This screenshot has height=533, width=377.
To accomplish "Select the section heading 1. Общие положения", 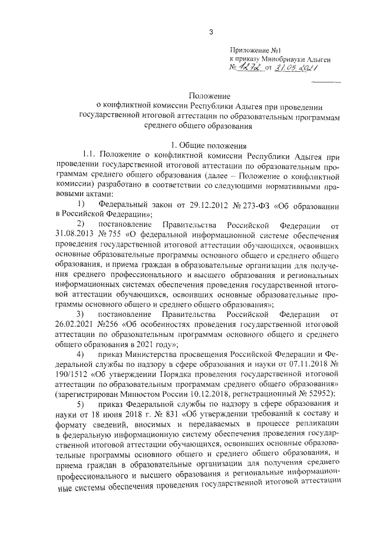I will pos(210,145).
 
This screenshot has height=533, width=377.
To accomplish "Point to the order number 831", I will pos(174,414).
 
